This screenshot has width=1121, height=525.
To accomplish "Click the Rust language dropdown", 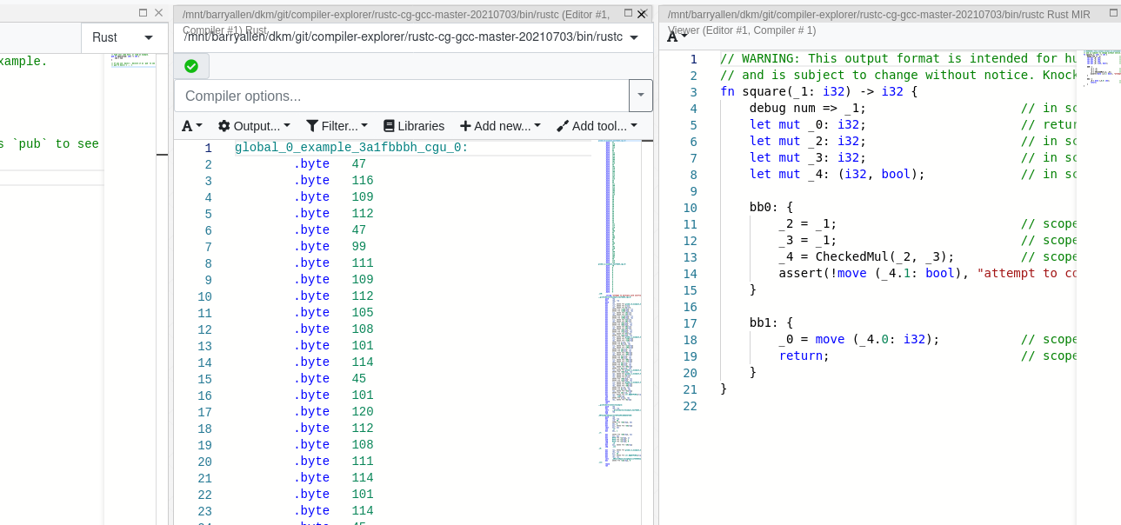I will coord(123,37).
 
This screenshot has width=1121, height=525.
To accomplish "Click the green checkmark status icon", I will coord(191,66).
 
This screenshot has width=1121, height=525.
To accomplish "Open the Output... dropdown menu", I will coord(254,126).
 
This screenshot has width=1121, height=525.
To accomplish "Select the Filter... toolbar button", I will coord(337,126).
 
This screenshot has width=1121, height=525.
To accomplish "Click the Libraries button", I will coord(414,126).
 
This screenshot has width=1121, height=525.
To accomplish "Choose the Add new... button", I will coord(500,126).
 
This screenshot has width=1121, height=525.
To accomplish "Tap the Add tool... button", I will coord(597,126).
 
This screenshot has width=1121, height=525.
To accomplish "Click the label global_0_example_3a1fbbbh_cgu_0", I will coord(351,148).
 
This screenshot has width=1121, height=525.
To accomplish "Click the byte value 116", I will coord(363,181).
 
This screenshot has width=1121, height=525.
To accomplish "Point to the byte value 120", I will coord(363,412).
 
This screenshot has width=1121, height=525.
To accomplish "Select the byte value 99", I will coord(359,247).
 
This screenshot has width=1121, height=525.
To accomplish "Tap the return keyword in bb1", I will coord(800,356).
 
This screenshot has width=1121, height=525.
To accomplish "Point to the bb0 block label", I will coord(764,208).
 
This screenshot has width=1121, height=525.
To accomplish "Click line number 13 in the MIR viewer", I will coord(690,257).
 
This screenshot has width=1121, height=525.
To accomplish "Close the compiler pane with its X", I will coord(643,14).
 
